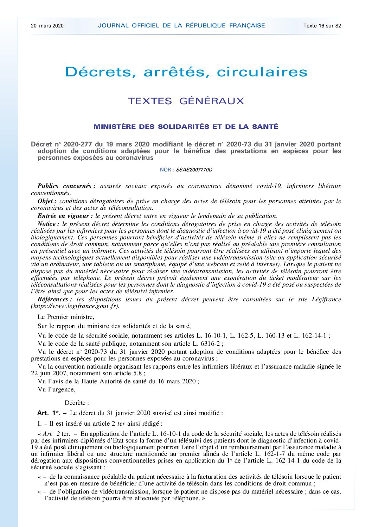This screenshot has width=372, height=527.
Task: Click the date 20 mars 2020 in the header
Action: pyautogui.click(x=47, y=26)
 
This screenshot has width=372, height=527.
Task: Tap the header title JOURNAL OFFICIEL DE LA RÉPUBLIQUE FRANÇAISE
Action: pyautogui.click(x=181, y=25)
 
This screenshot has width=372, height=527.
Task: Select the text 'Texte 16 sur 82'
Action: pyautogui.click(x=322, y=26)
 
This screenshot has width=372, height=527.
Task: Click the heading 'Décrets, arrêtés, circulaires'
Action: pyautogui.click(x=186, y=72)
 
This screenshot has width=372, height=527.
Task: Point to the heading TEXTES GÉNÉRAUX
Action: pyautogui.click(x=186, y=101)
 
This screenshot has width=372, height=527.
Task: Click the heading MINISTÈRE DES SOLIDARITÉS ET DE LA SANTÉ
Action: pyautogui.click(x=186, y=127)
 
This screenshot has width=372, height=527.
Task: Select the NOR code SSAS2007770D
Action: pyautogui.click(x=194, y=170)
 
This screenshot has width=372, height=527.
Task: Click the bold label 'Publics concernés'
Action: pyautogui.click(x=66, y=186)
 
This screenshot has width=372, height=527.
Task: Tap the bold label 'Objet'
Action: pyautogui.click(x=47, y=201)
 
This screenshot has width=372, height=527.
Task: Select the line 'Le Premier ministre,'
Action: pyautogui.click(x=66, y=317)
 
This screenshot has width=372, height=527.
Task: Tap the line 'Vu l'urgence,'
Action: pyautogui.click(x=56, y=389)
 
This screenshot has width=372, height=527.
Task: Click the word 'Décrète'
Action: pyautogui.click(x=76, y=403)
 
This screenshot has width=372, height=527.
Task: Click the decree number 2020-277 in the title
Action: pyautogui.click(x=78, y=144)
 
